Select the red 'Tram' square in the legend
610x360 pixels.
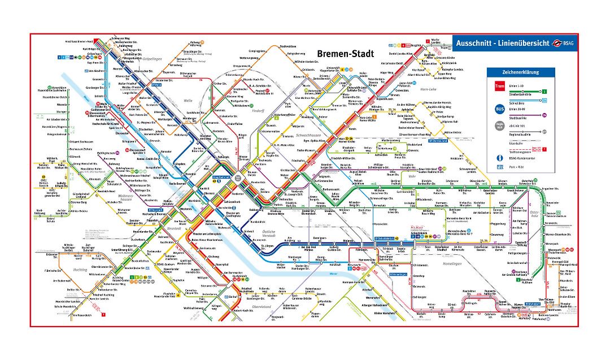point(499,86)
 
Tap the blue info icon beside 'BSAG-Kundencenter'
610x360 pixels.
point(499,158)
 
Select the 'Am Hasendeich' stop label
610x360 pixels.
point(81,315)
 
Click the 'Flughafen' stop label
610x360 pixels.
point(169,294)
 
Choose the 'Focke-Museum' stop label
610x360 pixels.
point(306,151)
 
